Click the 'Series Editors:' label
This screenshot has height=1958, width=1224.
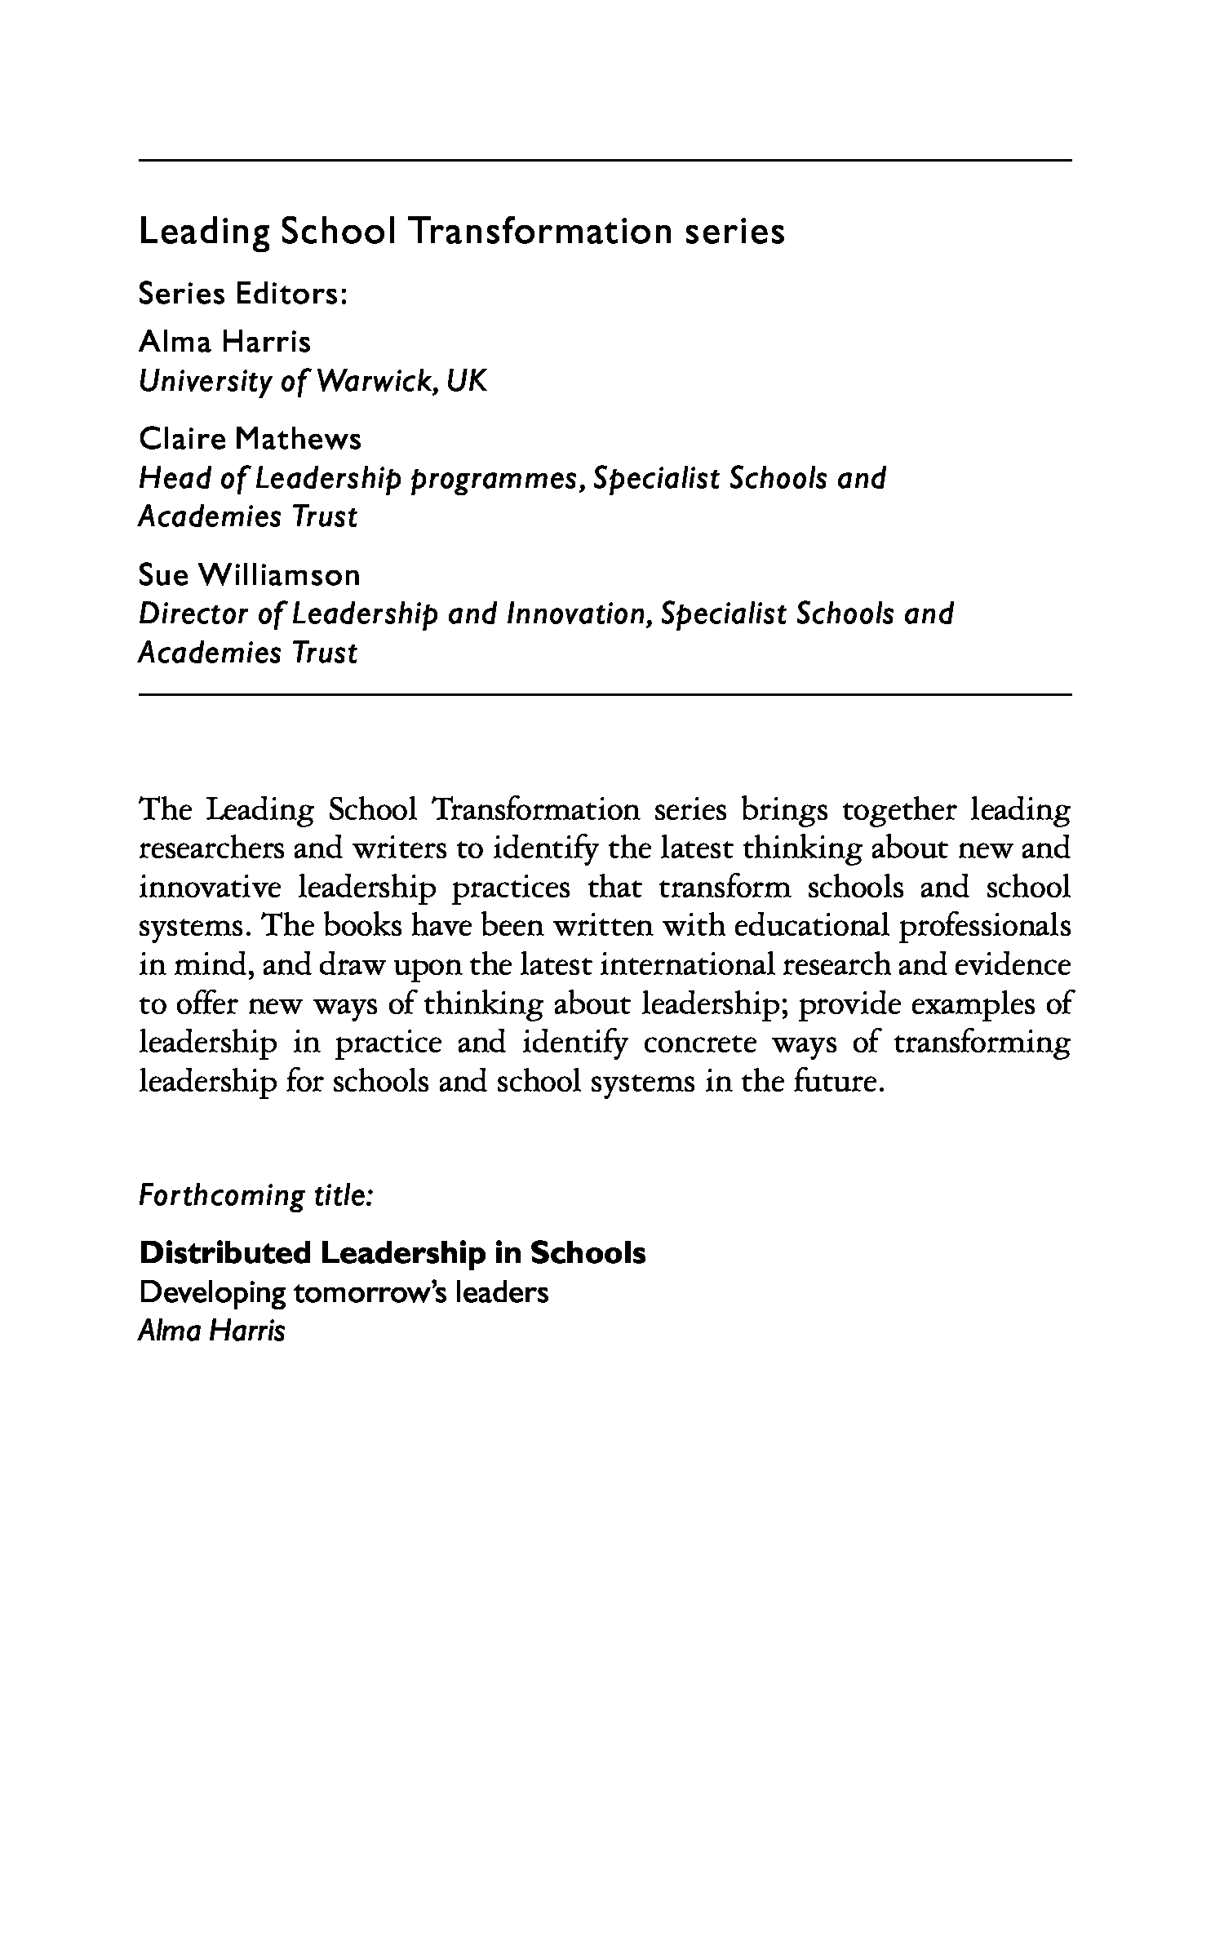click(243, 294)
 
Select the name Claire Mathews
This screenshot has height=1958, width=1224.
click(250, 439)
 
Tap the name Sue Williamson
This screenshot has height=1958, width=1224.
click(249, 575)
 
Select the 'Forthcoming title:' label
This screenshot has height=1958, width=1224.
click(256, 1196)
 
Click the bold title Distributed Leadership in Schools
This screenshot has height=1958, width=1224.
click(392, 1253)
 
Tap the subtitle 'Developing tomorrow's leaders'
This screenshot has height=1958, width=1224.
click(344, 1293)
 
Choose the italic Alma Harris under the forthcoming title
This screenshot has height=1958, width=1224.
click(212, 1331)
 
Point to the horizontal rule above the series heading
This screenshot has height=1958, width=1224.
click(605, 161)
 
